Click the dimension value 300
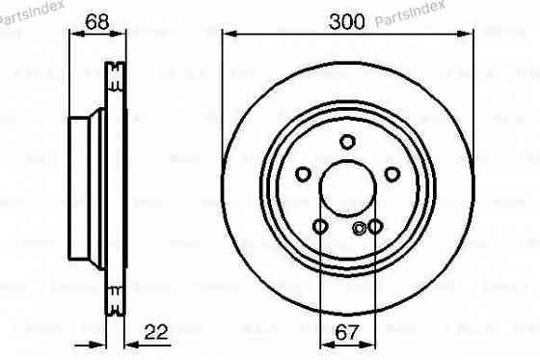click(348, 19)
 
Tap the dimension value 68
click(95, 19)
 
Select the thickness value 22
click(155, 332)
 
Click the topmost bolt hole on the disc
click(348, 142)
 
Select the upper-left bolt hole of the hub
click(303, 174)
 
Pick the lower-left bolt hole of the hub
click(320, 227)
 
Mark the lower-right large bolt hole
click(376, 227)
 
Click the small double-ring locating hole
click(360, 229)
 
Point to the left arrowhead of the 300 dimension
click(228, 34)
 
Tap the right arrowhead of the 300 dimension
click(469, 34)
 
